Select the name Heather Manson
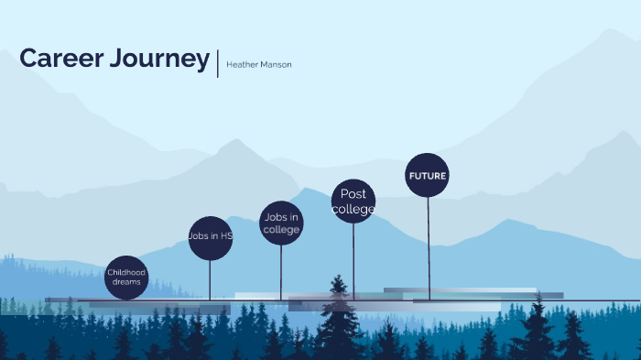[259, 65]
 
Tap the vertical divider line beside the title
[218, 61]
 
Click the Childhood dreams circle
[126, 278]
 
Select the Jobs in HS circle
[211, 238]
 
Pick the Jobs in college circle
[281, 224]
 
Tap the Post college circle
[353, 202]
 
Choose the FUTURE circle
[428, 175]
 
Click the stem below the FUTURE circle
[429, 247]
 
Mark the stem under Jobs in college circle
[281, 270]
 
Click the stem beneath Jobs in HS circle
[211, 279]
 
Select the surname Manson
[276, 65]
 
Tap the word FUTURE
[428, 176]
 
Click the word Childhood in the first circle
[126, 272]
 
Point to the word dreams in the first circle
[126, 282]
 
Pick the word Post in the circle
[353, 194]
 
